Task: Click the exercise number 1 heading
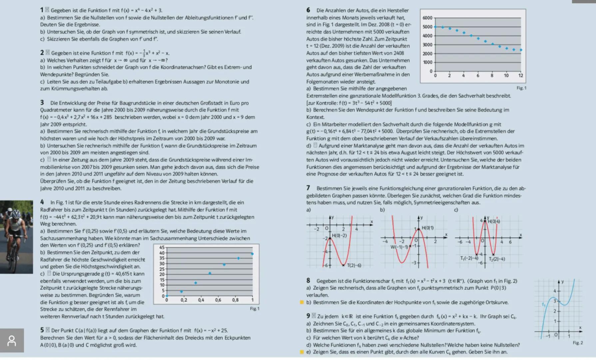[42, 10]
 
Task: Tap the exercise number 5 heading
[42, 330]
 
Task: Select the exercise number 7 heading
[308, 188]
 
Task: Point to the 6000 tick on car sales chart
[427, 18]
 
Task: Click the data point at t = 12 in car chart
[521, 50]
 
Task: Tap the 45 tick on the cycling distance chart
[162, 247]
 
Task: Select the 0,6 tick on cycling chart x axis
[218, 300]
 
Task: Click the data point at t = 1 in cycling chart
[252, 254]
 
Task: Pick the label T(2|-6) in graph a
[354, 265]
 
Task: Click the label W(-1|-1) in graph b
[399, 247]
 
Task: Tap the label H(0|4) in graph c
[493, 221]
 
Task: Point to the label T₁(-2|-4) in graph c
[469, 258]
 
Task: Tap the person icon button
[12, 341]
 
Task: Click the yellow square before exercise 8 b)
[302, 302]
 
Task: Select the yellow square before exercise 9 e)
[302, 352]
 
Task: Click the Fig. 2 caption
[577, 343]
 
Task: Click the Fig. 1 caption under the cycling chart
[255, 309]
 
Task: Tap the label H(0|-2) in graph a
[339, 235]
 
